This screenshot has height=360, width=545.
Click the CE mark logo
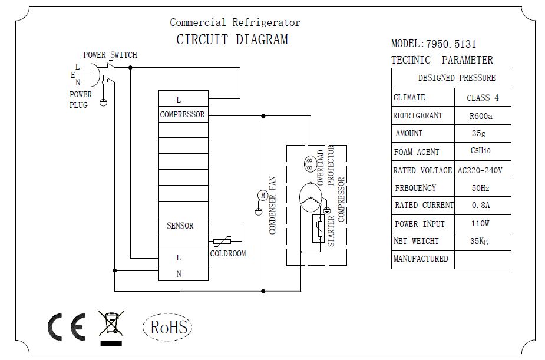pos(66,326)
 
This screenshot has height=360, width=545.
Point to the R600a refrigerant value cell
pos(481,116)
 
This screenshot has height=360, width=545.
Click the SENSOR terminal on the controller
pos(180,226)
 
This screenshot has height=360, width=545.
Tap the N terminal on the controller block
pos(179,273)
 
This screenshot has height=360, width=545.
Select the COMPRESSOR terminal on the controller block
pos(182,114)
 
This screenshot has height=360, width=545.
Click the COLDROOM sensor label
pos(227,253)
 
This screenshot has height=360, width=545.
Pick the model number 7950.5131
pos(450,44)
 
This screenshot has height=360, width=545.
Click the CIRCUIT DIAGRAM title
pos(232,40)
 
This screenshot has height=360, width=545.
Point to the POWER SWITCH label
pos(110,55)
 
